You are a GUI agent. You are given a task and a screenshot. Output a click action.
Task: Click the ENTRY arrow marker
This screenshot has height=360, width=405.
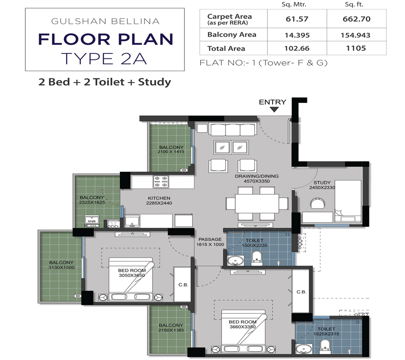(x=274, y=109)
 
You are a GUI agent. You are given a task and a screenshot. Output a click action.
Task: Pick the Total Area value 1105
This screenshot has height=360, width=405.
(x=357, y=48)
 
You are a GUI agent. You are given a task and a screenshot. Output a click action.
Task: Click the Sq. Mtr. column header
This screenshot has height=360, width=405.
(x=295, y=4)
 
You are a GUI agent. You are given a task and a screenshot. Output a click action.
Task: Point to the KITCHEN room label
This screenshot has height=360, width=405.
(x=159, y=198)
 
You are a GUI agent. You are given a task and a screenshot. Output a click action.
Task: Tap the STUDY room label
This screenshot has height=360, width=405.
(x=322, y=183)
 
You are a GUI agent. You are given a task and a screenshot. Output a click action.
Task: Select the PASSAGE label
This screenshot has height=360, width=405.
(x=210, y=239)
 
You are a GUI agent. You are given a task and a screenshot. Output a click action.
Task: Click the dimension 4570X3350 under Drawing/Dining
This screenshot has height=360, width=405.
(x=256, y=181)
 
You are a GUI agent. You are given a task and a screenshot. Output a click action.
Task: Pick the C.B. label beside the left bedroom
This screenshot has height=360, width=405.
(x=183, y=284)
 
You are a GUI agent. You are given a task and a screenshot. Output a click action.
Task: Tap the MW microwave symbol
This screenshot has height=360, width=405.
(x=91, y=221)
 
